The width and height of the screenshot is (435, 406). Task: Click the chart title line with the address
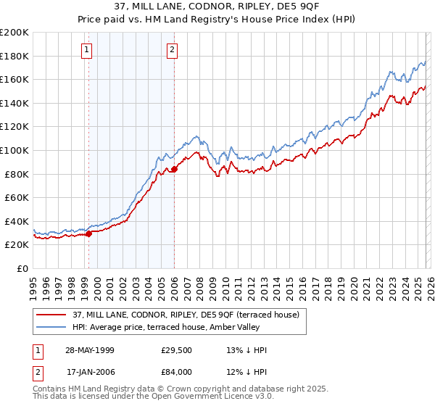[x=217, y=7]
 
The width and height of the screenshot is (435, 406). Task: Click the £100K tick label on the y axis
[x=14, y=150]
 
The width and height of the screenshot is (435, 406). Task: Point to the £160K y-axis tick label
[x=14, y=79]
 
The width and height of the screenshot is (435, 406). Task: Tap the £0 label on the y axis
[x=22, y=268]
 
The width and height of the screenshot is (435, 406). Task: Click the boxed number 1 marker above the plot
[x=87, y=50]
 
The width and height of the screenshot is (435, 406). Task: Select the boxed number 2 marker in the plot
[x=173, y=50]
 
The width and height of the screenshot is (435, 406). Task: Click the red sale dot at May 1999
[x=89, y=233]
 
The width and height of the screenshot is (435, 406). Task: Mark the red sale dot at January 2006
[x=174, y=169]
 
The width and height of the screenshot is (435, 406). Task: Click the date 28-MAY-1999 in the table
[x=91, y=350]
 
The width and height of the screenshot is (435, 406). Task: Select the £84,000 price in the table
[x=176, y=372]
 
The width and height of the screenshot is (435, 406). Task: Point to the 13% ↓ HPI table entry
[x=246, y=350]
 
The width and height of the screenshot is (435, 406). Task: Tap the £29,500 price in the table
[x=176, y=350]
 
